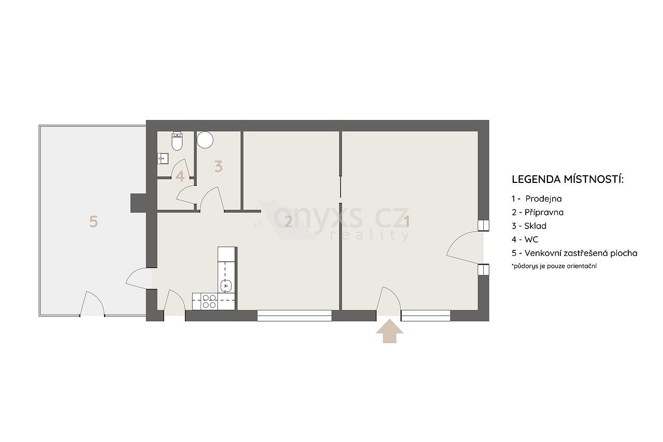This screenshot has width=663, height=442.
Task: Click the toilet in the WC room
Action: (x=177, y=141)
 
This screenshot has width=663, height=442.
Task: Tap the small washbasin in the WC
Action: (x=163, y=159)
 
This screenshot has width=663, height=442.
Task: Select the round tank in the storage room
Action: (x=205, y=140)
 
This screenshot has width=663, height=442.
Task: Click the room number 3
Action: (x=219, y=167)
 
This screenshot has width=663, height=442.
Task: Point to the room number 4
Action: (x=180, y=177)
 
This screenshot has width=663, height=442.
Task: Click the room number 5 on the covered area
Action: (x=94, y=222)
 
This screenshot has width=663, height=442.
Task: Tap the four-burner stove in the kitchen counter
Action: (x=209, y=302)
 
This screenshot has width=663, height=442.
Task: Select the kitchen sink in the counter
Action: (x=226, y=286)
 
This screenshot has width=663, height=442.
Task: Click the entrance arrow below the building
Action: (x=390, y=331)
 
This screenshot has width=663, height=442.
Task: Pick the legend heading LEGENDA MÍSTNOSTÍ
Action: (x=568, y=179)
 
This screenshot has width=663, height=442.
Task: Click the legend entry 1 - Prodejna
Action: (x=537, y=198)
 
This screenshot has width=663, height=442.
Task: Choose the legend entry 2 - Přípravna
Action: (x=538, y=212)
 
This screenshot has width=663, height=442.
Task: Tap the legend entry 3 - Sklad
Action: (x=529, y=226)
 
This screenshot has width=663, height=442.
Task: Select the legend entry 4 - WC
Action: (x=525, y=239)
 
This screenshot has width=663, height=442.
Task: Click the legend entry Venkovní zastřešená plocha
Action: (x=581, y=253)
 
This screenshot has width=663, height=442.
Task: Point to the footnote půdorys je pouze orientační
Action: (x=554, y=266)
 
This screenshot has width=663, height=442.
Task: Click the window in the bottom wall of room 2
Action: (x=294, y=316)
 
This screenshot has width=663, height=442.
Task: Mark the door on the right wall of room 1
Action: (x=465, y=248)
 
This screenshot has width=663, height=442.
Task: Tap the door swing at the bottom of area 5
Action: (x=92, y=304)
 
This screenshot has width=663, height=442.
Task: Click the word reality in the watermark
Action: (x=370, y=235)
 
